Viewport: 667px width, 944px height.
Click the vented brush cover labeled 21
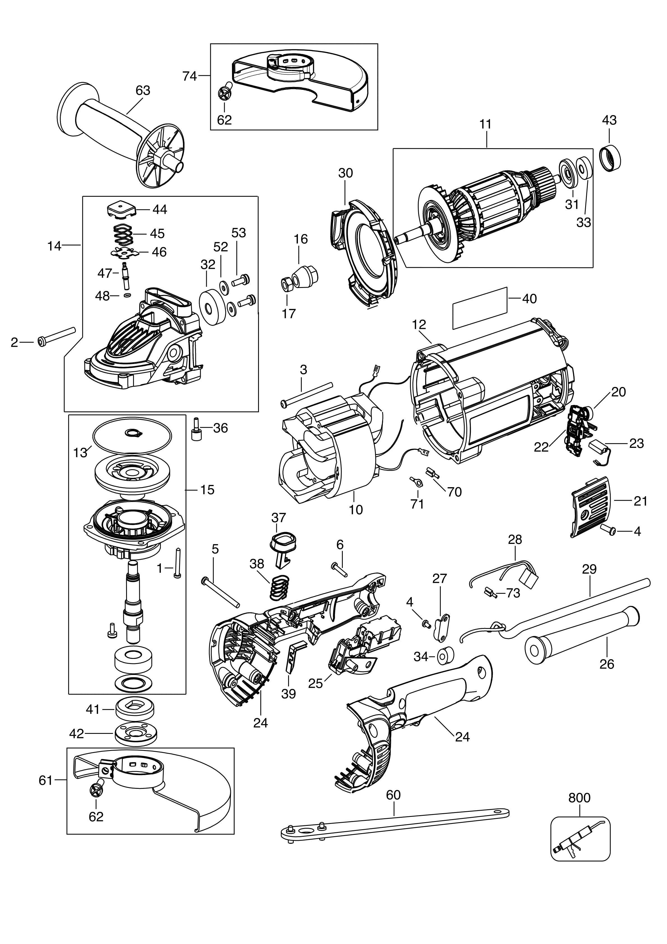pos(590,508)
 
